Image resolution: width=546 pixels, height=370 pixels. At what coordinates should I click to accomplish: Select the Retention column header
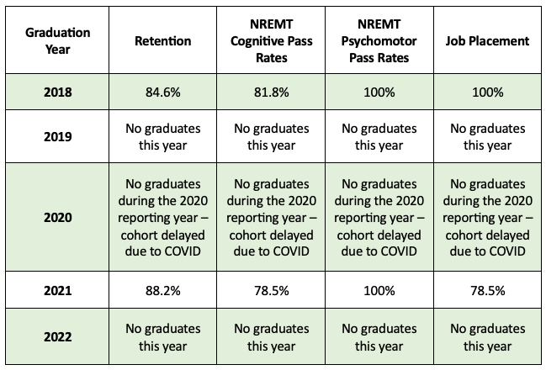point(162,40)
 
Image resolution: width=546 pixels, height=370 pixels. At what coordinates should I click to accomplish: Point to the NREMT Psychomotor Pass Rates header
point(377,40)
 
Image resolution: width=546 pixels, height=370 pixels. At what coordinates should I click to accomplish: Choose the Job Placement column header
point(487,40)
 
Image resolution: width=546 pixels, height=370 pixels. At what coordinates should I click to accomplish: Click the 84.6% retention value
point(162,92)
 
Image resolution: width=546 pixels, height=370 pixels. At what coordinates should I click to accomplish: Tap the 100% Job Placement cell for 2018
point(487,92)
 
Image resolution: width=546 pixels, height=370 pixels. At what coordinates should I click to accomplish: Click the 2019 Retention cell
point(162,136)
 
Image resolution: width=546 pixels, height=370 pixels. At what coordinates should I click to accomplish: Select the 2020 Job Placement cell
point(487,217)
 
